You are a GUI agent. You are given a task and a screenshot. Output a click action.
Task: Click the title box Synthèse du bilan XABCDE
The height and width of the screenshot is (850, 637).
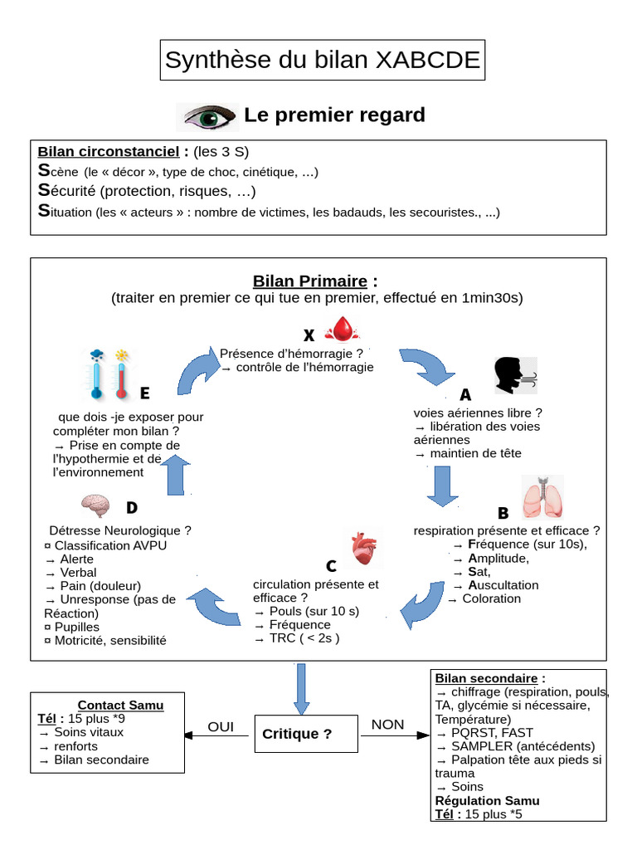pyautogui.click(x=322, y=60)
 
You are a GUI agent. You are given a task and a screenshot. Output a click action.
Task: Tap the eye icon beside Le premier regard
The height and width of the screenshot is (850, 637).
pyautogui.click(x=207, y=116)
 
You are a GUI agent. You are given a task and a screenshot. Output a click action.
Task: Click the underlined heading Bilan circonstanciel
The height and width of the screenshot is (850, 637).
pyautogui.click(x=108, y=152)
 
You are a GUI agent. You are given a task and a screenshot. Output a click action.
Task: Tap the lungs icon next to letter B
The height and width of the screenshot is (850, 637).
pyautogui.click(x=542, y=497)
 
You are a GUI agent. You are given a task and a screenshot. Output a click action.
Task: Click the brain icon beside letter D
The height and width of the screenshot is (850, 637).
pyautogui.click(x=96, y=506)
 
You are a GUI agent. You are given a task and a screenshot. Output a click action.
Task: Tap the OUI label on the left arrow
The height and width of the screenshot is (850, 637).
pyautogui.click(x=221, y=727)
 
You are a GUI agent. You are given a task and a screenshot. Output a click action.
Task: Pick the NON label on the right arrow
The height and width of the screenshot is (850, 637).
pyautogui.click(x=387, y=725)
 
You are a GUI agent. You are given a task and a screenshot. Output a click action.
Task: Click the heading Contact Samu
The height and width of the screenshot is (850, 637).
pyautogui.click(x=120, y=706)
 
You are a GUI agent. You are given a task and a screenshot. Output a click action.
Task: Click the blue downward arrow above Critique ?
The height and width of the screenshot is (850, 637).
pyautogui.click(x=301, y=689)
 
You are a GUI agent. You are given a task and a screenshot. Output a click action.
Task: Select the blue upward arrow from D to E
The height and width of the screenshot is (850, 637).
pyautogui.click(x=175, y=475)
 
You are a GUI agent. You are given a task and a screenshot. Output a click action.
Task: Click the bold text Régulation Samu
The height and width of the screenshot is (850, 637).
pyautogui.click(x=487, y=800)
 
